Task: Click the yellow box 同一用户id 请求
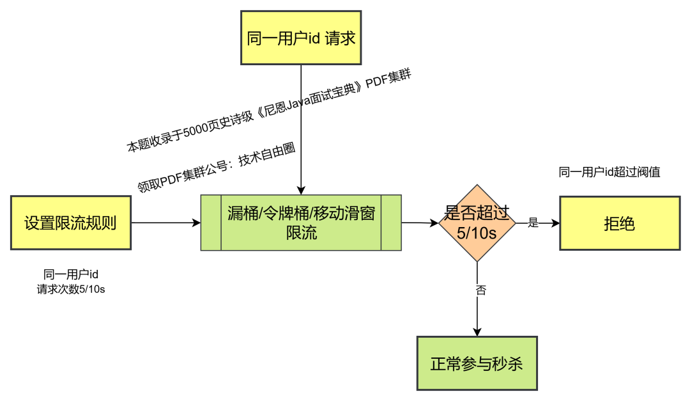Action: [x=300, y=38]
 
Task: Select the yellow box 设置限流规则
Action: [x=71, y=223]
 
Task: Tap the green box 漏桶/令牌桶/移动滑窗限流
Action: [x=301, y=223]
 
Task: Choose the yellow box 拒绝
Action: [x=618, y=223]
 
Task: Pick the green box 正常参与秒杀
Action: [x=477, y=363]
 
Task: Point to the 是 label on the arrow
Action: [x=533, y=223]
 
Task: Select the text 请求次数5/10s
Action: [x=71, y=289]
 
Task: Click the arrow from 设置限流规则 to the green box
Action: [x=166, y=223]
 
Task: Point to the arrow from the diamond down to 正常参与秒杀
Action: [x=477, y=313]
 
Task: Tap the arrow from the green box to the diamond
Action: [x=420, y=223]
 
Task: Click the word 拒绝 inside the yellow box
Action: [x=618, y=223]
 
